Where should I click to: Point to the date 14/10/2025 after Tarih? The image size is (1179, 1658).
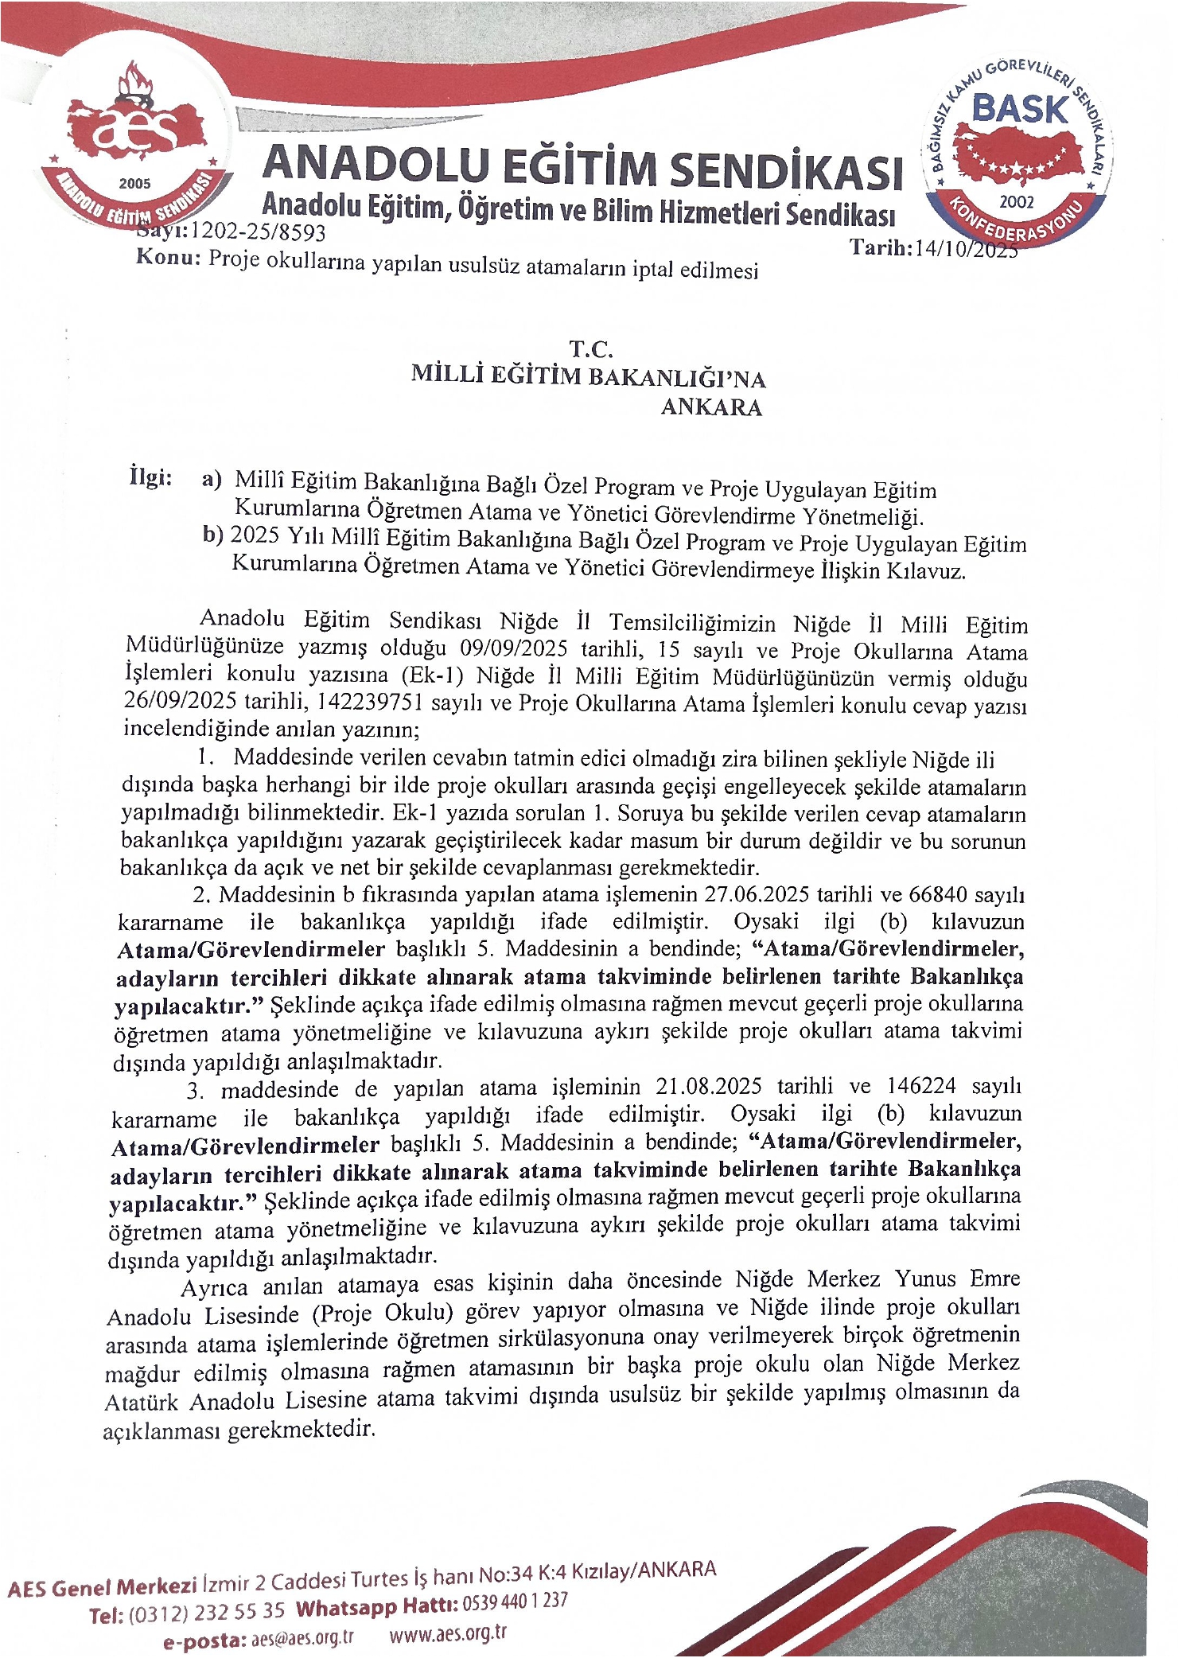click(x=966, y=249)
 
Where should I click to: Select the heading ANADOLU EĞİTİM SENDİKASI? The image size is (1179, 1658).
click(x=582, y=167)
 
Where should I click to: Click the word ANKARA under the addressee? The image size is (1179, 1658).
click(x=711, y=407)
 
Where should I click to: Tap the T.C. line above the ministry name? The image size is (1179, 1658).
click(x=590, y=349)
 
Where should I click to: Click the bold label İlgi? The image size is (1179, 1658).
click(x=150, y=477)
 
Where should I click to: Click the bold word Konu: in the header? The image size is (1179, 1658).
click(x=167, y=257)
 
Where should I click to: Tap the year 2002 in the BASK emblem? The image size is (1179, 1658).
click(x=1016, y=201)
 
